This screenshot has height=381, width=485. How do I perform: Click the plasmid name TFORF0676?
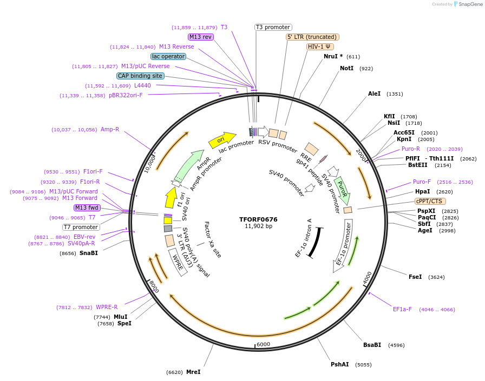pyautogui.click(x=258, y=219)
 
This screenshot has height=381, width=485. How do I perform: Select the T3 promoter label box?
pyautogui.click(x=273, y=27)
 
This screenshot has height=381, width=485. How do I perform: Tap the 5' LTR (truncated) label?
pyautogui.click(x=312, y=37)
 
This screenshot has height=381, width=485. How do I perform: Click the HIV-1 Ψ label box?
pyautogui.click(x=320, y=46)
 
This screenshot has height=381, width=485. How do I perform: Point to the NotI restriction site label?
pyautogui.click(x=346, y=68)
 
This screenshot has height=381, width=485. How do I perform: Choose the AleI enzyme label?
pyautogui.click(x=374, y=93)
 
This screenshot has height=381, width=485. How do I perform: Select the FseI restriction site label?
pyautogui.click(x=415, y=277)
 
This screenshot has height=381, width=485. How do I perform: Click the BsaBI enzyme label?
pyautogui.click(x=372, y=345)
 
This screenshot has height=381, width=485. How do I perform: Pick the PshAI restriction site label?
pyautogui.click(x=340, y=364)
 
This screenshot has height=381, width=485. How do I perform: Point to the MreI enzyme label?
pyautogui.click(x=193, y=372)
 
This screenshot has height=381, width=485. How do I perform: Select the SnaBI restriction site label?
pyautogui.click(x=89, y=253)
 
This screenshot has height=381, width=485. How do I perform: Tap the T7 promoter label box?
pyautogui.click(x=81, y=227)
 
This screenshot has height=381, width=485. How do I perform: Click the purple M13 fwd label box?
pyautogui.click(x=87, y=208)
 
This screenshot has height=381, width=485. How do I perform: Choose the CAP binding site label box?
pyautogui.click(x=140, y=76)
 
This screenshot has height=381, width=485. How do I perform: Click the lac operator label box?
pyautogui.click(x=168, y=56)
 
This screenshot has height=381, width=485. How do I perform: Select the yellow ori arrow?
pyautogui.click(x=222, y=140)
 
